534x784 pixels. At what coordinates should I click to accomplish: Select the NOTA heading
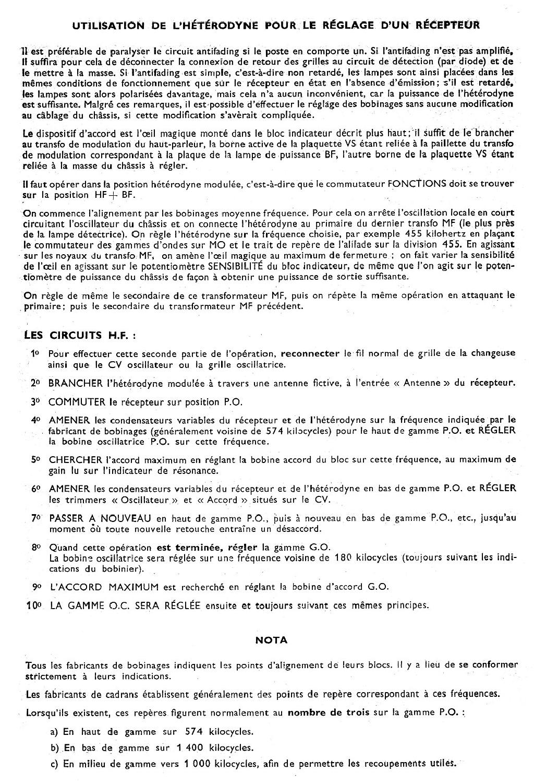pyautogui.click(x=271, y=639)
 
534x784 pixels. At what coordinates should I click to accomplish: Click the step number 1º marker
pyautogui.click(x=35, y=354)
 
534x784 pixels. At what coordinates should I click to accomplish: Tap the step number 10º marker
pyautogui.click(x=33, y=605)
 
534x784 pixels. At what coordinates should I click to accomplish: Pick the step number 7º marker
pyautogui.click(x=35, y=518)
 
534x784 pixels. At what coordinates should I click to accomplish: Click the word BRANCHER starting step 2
pyautogui.click(x=75, y=384)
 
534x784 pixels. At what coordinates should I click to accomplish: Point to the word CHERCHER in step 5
pyautogui.click(x=75, y=460)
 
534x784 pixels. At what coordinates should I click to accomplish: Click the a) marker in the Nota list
pyautogui.click(x=54, y=732)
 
